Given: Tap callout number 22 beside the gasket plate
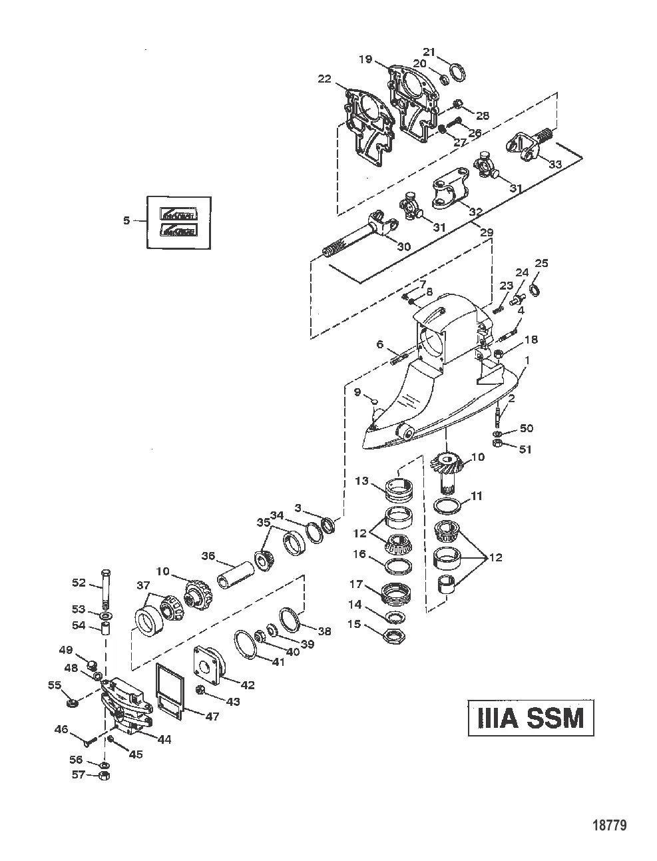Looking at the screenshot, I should (324, 79).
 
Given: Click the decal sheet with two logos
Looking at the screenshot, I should (178, 222).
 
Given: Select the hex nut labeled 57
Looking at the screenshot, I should (104, 775).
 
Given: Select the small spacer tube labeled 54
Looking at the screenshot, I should (105, 629).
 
